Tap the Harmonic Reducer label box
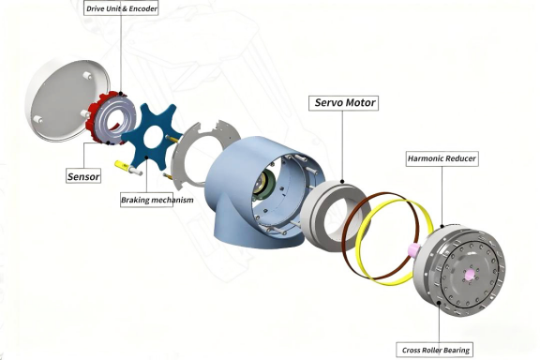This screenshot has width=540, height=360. (442, 158)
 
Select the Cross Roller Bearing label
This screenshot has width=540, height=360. (435, 350)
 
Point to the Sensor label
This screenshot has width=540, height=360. (83, 176)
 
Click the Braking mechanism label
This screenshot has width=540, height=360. (157, 200)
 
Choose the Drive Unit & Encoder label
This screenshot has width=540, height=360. (121, 8)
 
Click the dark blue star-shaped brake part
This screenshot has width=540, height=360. (148, 138)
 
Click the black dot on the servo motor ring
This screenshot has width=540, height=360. (342, 182)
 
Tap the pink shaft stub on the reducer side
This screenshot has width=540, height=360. (412, 249)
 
